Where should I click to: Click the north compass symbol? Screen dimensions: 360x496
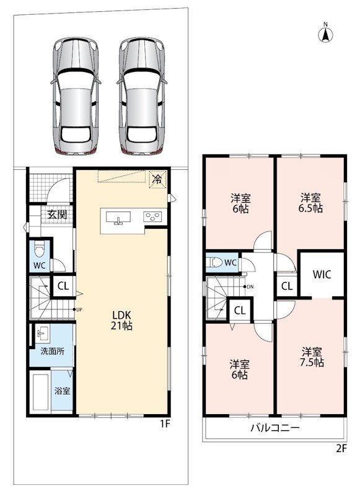coord(325,33)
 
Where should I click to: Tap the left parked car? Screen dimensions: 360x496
coord(75,96)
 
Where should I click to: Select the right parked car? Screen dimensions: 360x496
coord(142,96)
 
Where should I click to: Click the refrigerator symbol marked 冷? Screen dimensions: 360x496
coord(157,180)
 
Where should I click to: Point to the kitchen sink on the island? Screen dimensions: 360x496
coord(118,218)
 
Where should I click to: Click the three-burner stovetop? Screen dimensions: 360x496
coord(152,216)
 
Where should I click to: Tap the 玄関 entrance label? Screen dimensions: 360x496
coord(57,215)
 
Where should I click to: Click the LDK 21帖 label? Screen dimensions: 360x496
coord(121,320)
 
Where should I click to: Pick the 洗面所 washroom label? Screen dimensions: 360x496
coord(52,351)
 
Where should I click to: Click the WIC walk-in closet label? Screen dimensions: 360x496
coord(322,274)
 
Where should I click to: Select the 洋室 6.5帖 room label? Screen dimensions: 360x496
coord(311,203)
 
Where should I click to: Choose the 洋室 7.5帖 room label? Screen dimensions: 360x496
coord(312,357)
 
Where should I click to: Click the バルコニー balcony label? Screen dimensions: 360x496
coord(275,428)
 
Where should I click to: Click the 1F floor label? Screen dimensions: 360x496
coord(165,423)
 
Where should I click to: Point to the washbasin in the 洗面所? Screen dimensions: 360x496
coord(42,334)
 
